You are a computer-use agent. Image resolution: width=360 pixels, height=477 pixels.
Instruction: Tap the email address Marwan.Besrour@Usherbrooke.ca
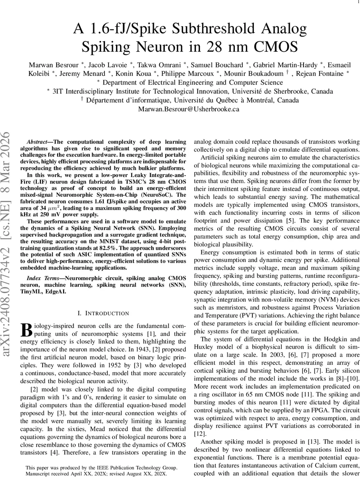pyautogui.click(x=188, y=109)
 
